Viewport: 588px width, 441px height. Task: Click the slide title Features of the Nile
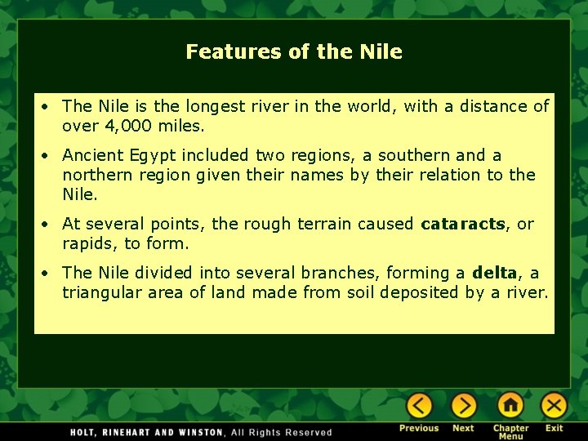(x=294, y=52)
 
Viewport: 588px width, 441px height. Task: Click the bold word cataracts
(x=463, y=224)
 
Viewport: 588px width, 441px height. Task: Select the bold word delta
(x=495, y=273)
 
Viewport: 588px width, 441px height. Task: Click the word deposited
(x=421, y=292)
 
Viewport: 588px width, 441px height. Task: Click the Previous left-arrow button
(x=419, y=406)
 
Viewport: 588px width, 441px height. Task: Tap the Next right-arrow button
(x=463, y=406)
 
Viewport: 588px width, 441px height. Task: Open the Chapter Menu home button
(x=510, y=406)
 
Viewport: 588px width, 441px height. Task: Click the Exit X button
(x=555, y=406)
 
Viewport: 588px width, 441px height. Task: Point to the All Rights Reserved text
(x=282, y=432)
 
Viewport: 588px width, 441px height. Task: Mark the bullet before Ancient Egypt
(x=49, y=155)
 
